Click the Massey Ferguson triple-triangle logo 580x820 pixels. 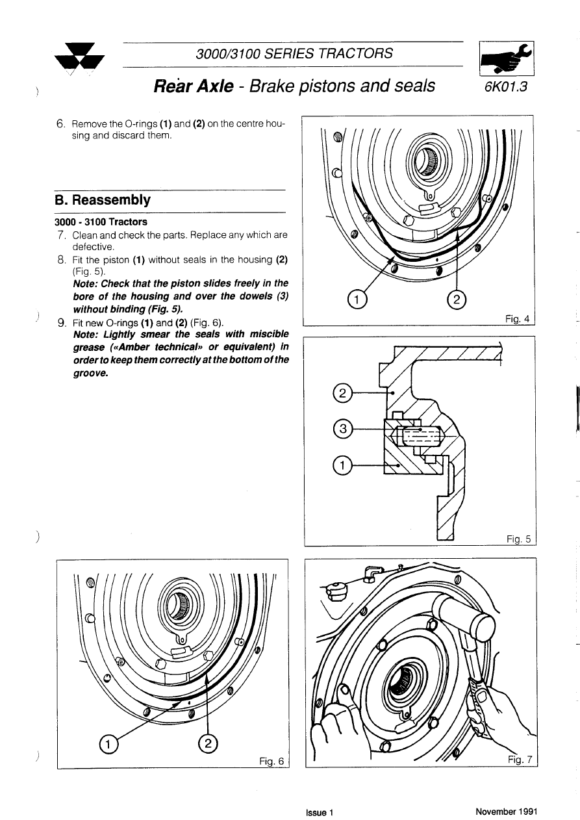click(81, 57)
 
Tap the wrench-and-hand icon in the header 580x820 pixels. click(505, 60)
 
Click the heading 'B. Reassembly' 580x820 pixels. click(103, 200)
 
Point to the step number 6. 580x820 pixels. click(61, 123)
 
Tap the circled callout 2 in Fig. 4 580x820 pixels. click(458, 299)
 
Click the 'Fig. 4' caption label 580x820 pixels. click(518, 318)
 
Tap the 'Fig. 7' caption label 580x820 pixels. click(519, 760)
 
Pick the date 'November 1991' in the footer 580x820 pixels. click(506, 812)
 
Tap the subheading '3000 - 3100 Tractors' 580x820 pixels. click(101, 222)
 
